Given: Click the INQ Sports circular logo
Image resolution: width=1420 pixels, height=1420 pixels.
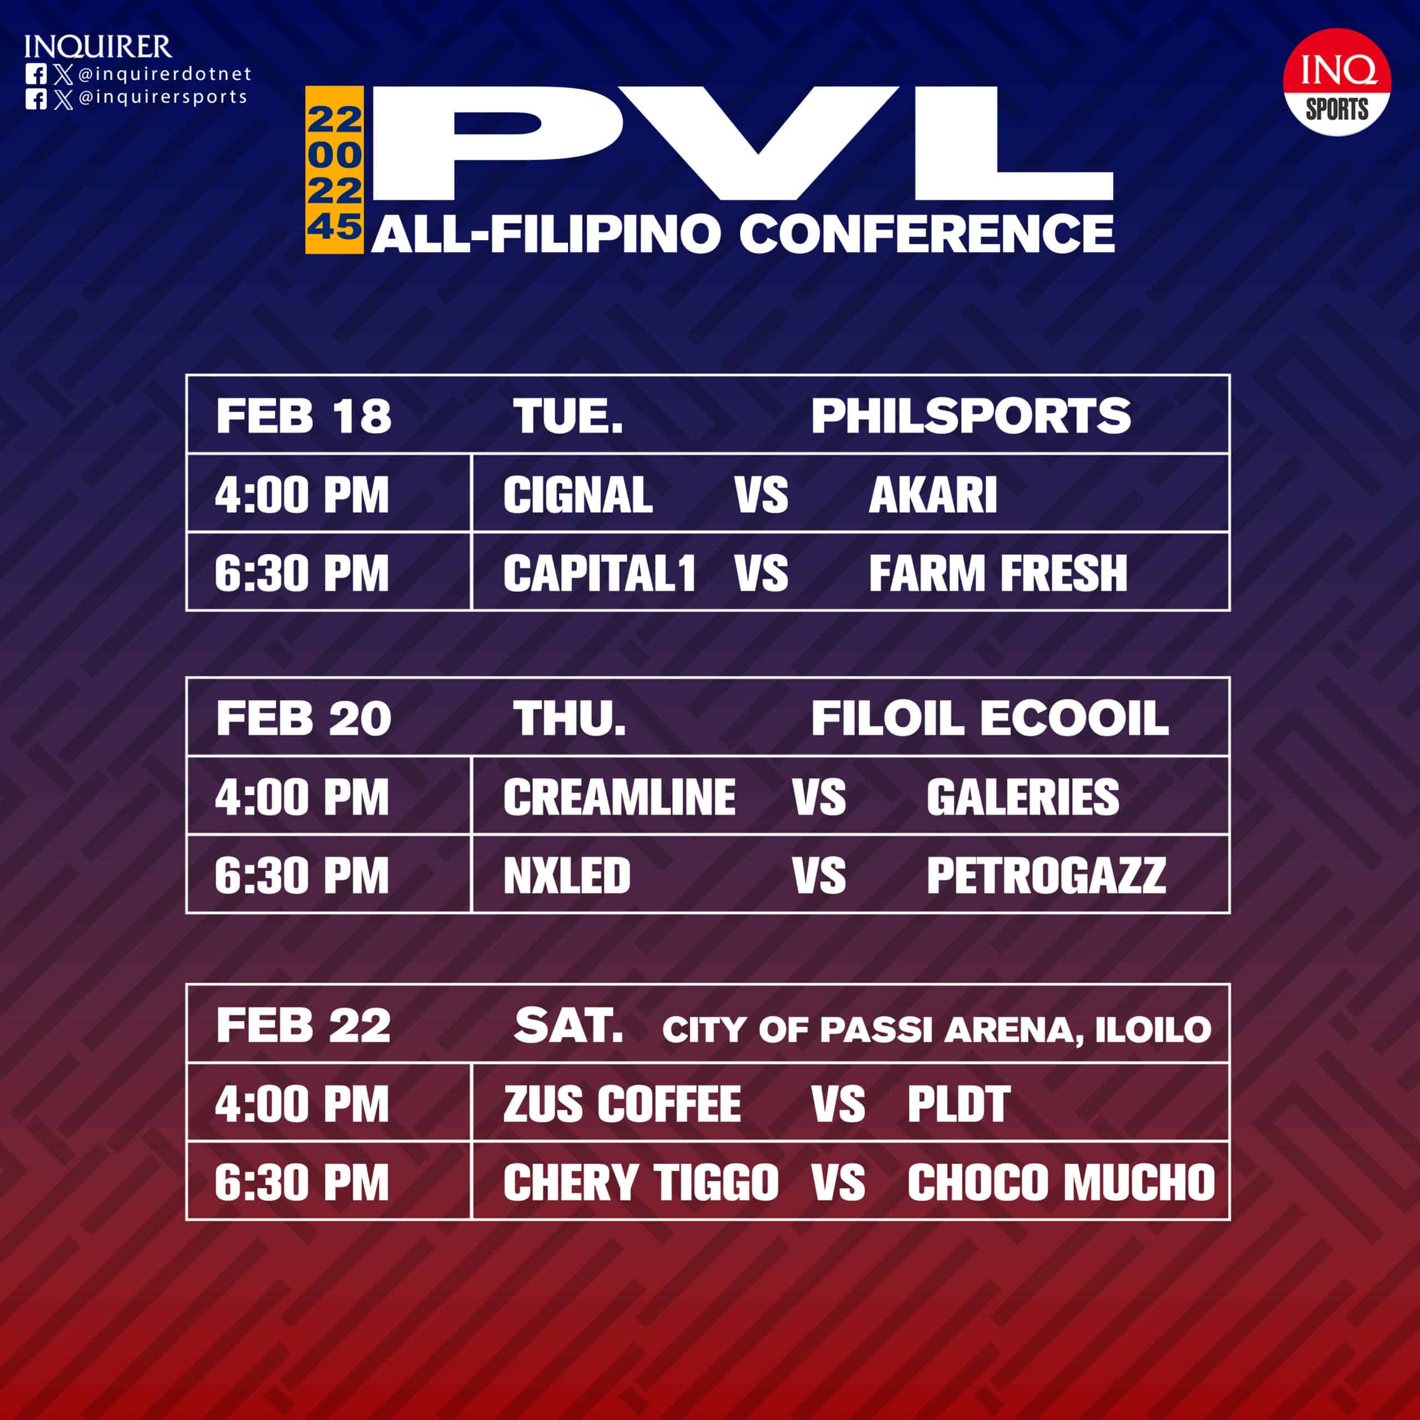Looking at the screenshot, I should tap(1336, 82).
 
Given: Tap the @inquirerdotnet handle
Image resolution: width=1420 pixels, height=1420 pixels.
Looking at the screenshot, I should tap(164, 74).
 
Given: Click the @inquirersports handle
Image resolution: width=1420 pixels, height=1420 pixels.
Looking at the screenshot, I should tap(162, 97).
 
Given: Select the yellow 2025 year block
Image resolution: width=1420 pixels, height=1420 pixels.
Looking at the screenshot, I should tap(334, 170).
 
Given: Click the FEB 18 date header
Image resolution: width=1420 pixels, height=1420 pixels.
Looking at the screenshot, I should tap(303, 415).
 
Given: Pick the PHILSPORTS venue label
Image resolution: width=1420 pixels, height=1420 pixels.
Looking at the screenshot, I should tap(970, 415).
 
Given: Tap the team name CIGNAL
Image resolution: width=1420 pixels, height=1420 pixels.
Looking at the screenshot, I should tap(577, 495).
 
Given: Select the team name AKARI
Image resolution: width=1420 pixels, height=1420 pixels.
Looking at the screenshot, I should tap(932, 495).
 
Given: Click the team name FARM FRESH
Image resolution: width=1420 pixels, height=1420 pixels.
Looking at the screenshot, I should tap(997, 574).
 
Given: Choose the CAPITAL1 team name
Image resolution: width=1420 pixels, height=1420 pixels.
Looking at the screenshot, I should tap(599, 574).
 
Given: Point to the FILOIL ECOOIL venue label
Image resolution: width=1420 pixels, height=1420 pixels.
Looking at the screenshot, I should tap(990, 718).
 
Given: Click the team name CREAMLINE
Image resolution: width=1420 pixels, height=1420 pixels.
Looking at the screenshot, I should tap(619, 798).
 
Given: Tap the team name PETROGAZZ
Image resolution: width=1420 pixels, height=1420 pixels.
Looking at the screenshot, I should tap(1045, 876).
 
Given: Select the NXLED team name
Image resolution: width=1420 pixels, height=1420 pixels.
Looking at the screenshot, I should tap(567, 876).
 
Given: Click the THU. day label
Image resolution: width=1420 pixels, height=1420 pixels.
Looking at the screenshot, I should tap(569, 718).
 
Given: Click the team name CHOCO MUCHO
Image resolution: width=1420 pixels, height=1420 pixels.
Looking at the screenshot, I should tap(1061, 1183).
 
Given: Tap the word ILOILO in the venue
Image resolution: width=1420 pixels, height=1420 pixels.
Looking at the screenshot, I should tap(1153, 1029).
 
